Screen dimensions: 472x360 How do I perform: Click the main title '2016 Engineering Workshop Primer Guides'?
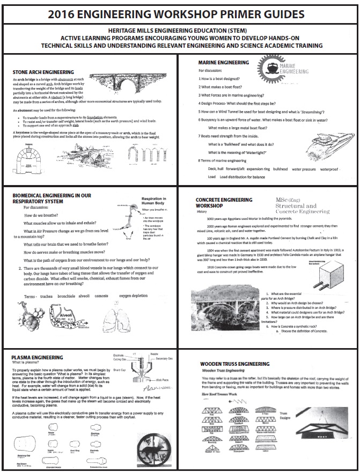coord(180,13)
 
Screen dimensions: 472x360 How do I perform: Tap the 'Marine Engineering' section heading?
coord(224,63)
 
